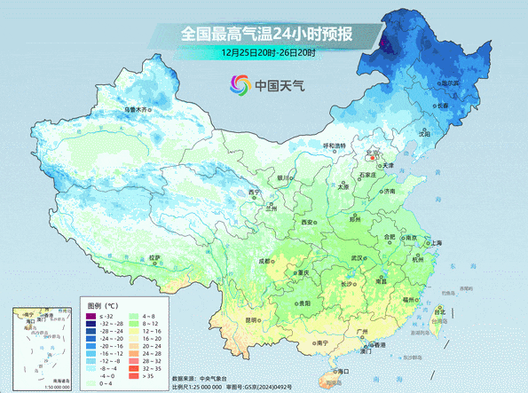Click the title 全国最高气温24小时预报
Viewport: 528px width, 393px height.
(x=267, y=35)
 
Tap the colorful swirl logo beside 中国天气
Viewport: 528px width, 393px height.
(x=240, y=85)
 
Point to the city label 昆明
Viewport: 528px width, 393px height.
(x=252, y=319)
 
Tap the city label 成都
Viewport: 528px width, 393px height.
(x=265, y=261)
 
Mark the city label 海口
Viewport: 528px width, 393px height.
(x=337, y=371)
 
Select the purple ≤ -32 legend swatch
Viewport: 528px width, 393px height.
(x=91, y=316)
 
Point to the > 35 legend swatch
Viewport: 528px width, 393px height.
(x=136, y=376)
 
